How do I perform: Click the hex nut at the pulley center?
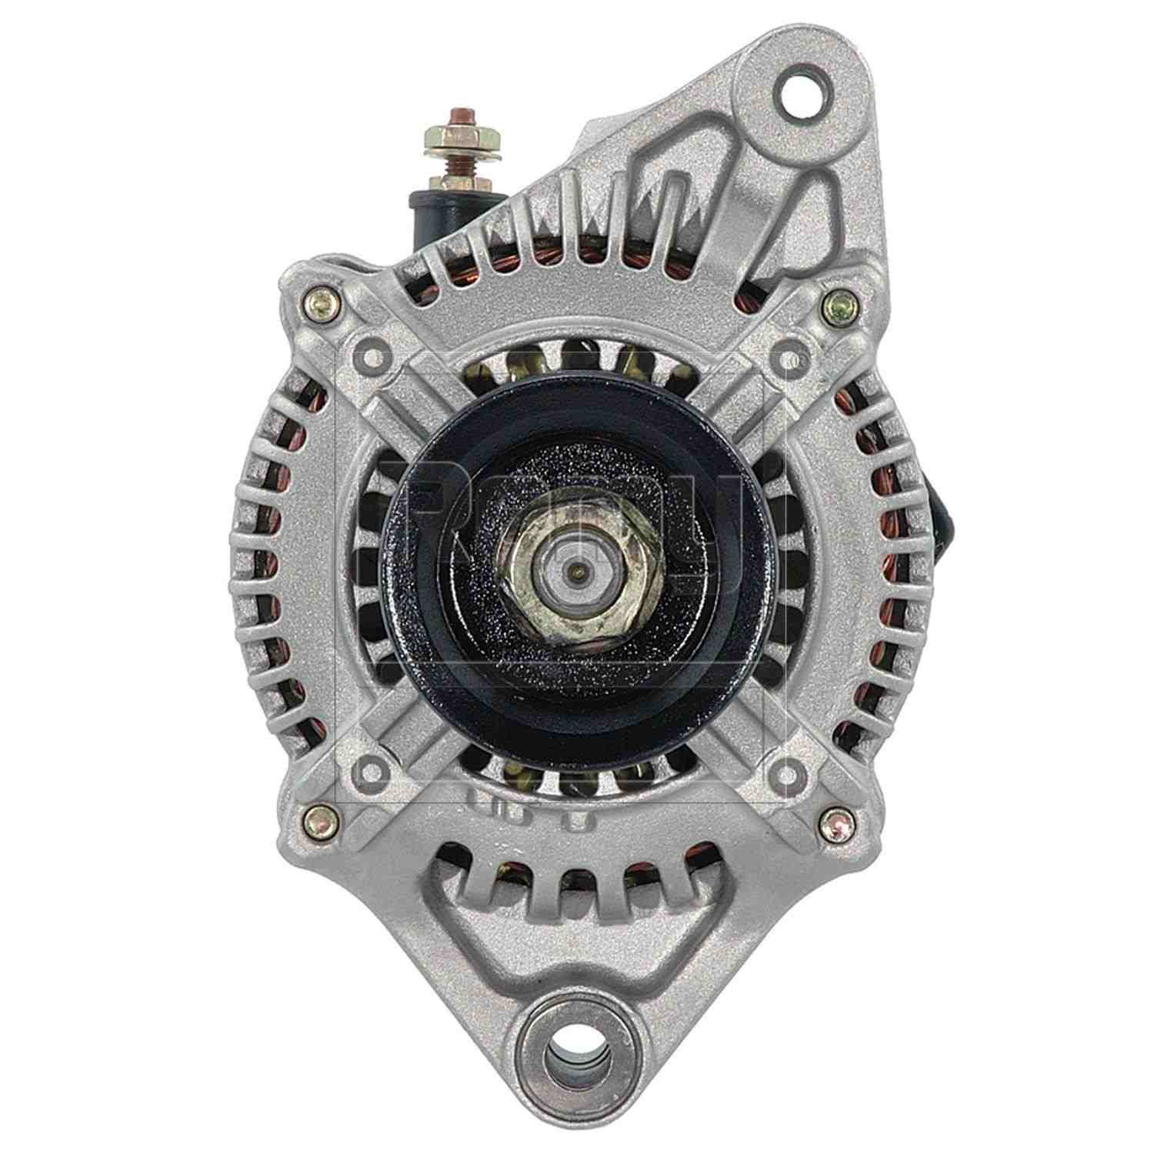[575, 572]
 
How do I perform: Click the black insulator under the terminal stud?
[440, 220]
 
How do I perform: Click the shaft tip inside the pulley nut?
[575, 570]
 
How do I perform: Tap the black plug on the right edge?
[942, 509]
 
